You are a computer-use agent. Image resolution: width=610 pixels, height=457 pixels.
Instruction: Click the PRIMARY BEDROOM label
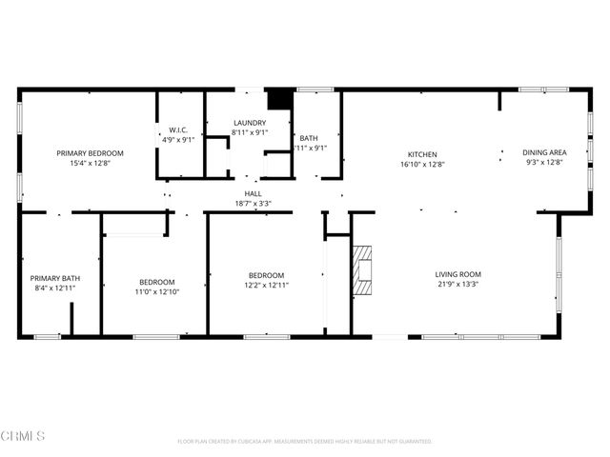(x=90, y=153)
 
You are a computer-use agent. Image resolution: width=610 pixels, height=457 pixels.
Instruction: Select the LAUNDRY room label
(x=251, y=123)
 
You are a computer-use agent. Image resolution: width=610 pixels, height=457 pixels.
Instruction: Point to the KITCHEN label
(x=422, y=154)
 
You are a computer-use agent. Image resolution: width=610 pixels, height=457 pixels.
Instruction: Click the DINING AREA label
(x=544, y=152)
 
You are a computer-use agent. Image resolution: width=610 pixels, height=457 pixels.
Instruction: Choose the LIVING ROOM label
(x=458, y=274)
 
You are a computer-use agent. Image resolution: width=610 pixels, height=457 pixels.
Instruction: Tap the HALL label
(x=253, y=193)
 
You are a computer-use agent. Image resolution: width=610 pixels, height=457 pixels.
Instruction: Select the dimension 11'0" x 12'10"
(x=157, y=291)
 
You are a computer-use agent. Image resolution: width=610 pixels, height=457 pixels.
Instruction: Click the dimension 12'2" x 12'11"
(x=266, y=285)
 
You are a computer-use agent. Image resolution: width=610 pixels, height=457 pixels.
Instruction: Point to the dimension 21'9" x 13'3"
(x=458, y=284)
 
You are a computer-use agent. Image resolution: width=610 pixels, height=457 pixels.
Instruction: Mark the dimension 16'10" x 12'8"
(x=422, y=164)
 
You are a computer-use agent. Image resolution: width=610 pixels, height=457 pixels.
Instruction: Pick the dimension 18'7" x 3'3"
(x=253, y=203)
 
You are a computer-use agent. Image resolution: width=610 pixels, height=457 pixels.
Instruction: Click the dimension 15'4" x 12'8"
(x=90, y=163)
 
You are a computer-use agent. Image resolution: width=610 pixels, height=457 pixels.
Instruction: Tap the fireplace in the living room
(x=361, y=272)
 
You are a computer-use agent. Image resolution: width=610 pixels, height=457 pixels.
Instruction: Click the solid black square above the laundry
(x=278, y=99)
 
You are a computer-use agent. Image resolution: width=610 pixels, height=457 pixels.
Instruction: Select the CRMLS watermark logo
(x=24, y=436)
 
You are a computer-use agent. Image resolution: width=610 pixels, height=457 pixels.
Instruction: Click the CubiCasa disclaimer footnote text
(x=305, y=442)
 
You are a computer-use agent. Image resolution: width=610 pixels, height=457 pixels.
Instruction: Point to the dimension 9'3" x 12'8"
(x=544, y=162)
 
